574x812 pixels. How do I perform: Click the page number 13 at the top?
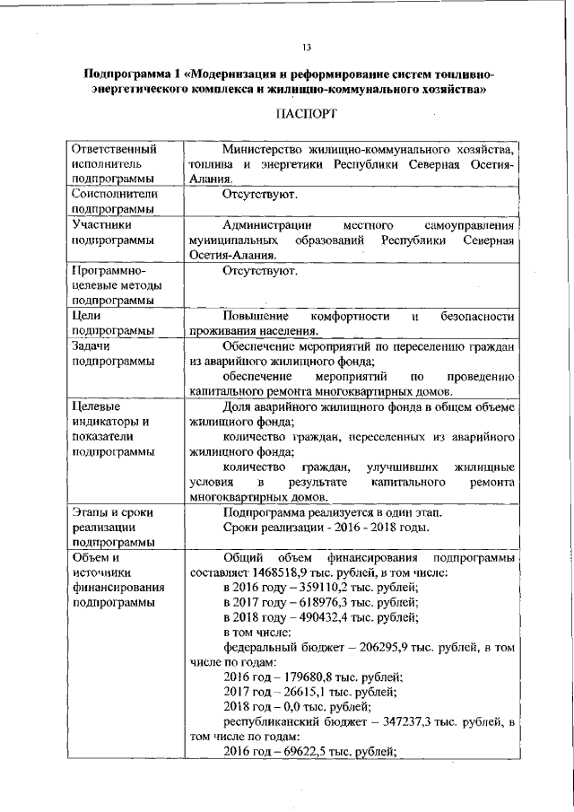[x=306, y=48]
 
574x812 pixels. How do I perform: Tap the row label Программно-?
[x=109, y=270]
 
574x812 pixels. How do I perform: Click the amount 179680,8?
[x=311, y=677]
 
